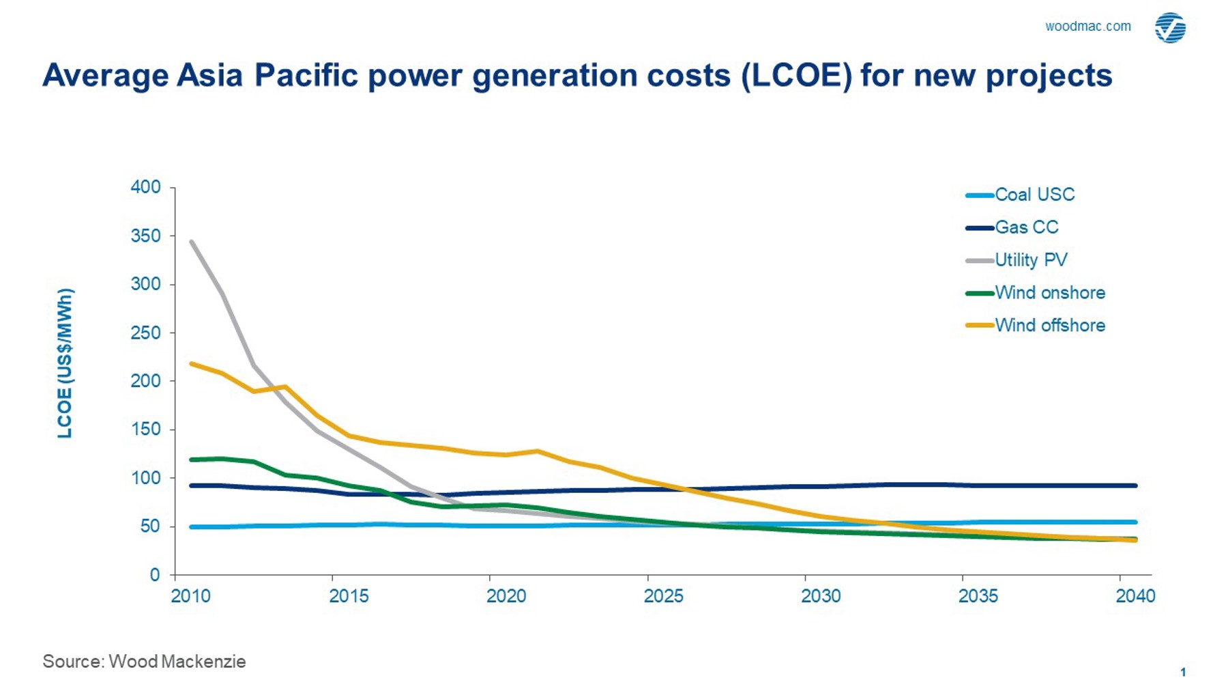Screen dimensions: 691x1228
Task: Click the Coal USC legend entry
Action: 1034,195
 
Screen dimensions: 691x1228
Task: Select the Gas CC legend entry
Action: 1026,227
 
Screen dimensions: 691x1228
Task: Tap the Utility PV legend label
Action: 1031,260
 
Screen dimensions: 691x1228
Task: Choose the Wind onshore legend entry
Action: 1049,293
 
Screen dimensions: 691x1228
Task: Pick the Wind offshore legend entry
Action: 1049,326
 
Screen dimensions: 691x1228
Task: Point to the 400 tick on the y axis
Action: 145,187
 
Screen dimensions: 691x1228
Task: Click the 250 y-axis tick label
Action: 145,333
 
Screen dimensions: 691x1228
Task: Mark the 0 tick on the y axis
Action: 155,575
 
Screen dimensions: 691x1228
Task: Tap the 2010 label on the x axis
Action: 191,596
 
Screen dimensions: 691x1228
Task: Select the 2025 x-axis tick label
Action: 663,596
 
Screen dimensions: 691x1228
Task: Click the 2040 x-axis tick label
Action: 1135,596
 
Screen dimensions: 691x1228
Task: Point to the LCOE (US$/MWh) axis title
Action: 65,363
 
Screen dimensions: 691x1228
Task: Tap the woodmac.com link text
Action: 1087,27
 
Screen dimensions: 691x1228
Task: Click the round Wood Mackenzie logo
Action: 1170,28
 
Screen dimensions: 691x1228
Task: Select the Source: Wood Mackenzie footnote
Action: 144,661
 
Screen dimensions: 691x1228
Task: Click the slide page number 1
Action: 1183,672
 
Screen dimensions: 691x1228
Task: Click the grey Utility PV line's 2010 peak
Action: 192,242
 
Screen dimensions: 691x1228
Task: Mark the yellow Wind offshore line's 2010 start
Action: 192,364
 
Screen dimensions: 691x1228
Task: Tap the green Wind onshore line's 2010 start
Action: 192,460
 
